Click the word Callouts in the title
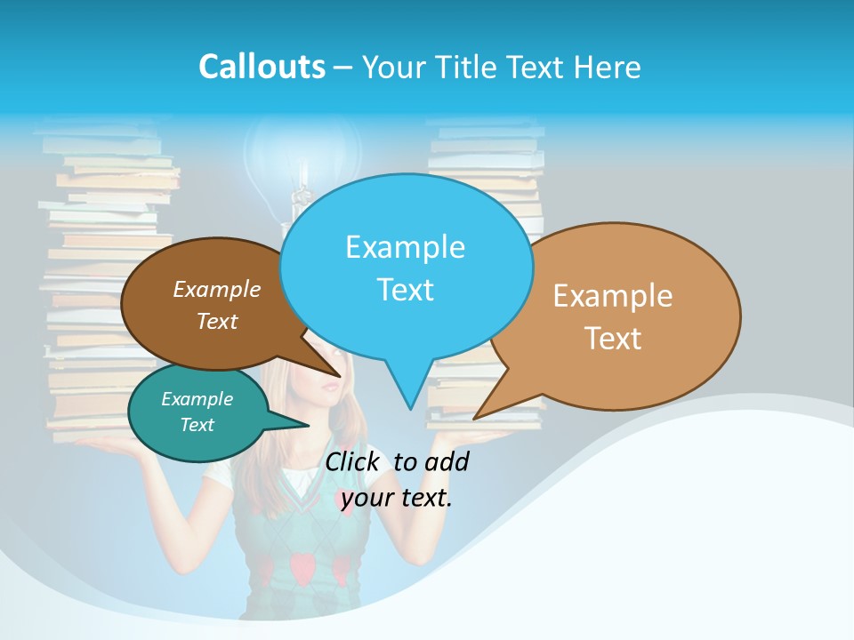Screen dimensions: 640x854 [262, 67]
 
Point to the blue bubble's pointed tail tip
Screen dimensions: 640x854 [410, 409]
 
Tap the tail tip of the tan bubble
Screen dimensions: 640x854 [474, 418]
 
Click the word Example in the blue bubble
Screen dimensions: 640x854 [405, 246]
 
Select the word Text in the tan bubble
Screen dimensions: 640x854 [613, 338]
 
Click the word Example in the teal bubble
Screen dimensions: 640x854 [197, 399]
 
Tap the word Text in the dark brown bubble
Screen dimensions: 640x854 [217, 321]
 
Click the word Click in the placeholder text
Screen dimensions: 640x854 [353, 461]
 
